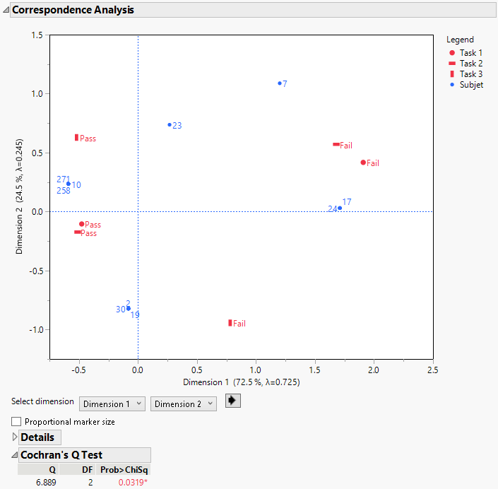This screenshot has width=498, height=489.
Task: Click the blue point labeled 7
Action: [x=280, y=83]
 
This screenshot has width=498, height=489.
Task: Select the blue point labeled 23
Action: [x=170, y=125]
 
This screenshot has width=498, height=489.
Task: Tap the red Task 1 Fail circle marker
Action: [x=363, y=163]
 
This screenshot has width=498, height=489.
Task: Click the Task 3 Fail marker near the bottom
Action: [x=230, y=323]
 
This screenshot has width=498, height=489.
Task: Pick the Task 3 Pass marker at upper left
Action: [x=76, y=138]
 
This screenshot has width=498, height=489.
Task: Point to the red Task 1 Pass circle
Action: [x=82, y=224]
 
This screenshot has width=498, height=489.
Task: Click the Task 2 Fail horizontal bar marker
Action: [x=336, y=145]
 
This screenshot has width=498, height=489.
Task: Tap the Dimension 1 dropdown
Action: [x=112, y=403]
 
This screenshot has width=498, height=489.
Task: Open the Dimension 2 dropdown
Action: [x=183, y=403]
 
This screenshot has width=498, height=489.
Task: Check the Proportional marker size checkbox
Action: [x=17, y=422]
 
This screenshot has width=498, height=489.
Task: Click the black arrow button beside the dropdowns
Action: [x=232, y=401]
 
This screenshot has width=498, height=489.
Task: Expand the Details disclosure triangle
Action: [x=16, y=437]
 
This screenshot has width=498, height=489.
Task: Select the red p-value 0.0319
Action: [x=132, y=482]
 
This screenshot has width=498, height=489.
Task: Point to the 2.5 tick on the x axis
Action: [x=432, y=370]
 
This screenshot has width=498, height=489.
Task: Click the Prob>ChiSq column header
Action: [x=124, y=469]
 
